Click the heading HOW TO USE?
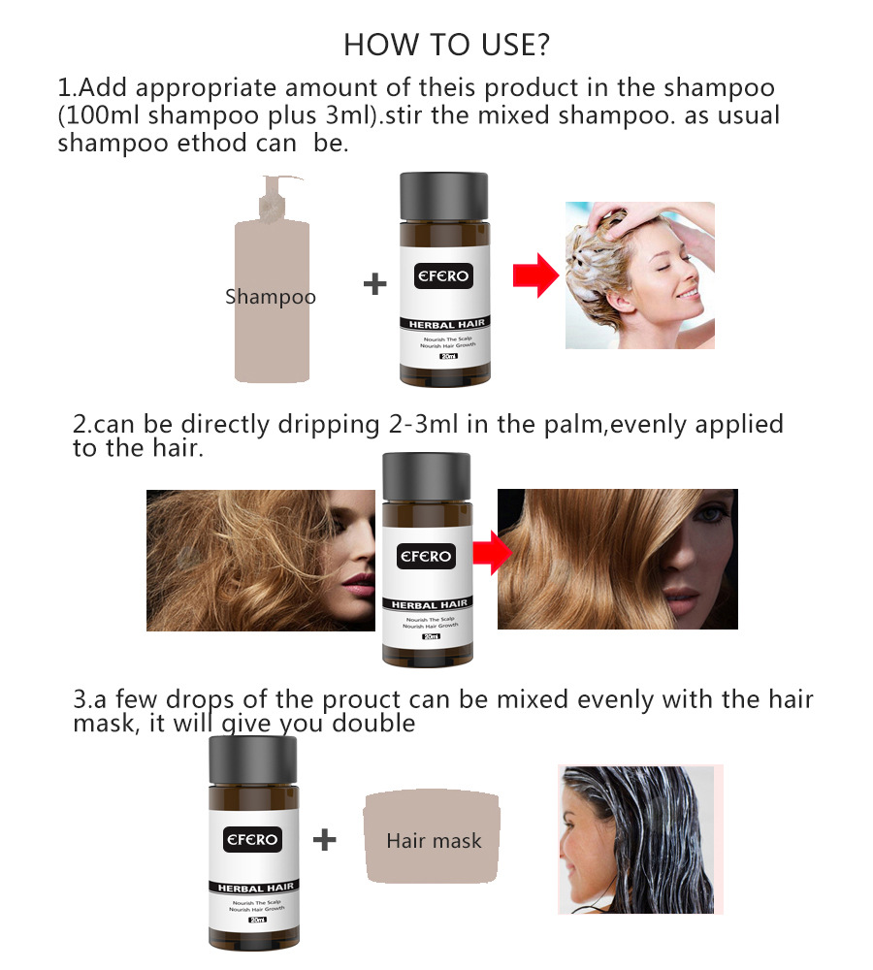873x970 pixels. click(446, 45)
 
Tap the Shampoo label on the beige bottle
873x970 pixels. click(270, 297)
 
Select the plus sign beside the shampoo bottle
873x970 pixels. click(374, 284)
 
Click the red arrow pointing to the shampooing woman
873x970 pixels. click(535, 276)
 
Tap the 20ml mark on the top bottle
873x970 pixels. click(447, 356)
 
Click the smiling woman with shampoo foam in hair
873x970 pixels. click(640, 275)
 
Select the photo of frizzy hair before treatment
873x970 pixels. click(260, 560)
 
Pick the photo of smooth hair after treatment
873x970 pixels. click(617, 559)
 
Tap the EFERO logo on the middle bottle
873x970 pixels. click(427, 556)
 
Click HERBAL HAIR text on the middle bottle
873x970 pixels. click(428, 604)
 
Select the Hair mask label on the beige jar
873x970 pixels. click(434, 840)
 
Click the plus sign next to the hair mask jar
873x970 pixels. click(325, 839)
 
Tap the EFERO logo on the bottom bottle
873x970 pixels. click(252, 839)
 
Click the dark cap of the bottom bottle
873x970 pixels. click(252, 761)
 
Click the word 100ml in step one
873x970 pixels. click(97, 115)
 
